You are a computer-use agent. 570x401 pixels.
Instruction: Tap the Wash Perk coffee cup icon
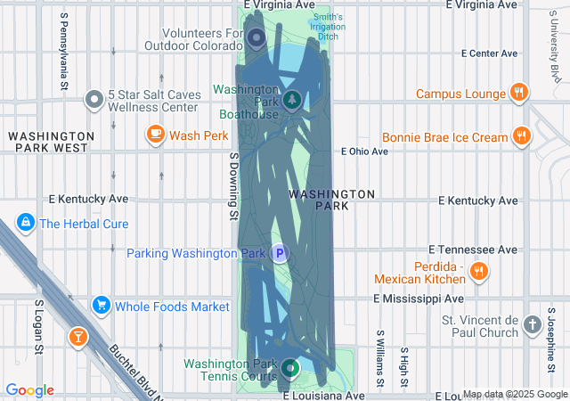pos(156,135)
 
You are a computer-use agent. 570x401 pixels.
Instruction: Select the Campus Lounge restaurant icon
pos(518,92)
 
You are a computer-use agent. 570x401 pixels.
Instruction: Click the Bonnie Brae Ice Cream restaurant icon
pos(522,137)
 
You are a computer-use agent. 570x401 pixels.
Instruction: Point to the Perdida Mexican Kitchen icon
pos(479,271)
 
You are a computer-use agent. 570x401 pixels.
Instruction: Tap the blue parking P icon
pos(280,254)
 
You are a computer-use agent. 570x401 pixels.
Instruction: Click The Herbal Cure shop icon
pos(26,223)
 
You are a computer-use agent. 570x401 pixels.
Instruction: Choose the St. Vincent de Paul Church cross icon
pos(533,324)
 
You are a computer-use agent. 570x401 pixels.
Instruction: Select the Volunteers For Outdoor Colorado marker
pos(256,37)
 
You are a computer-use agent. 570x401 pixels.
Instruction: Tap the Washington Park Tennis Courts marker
pos(289,366)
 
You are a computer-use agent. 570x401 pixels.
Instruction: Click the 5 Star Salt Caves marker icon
pos(94,99)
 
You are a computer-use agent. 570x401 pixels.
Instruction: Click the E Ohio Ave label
pos(365,151)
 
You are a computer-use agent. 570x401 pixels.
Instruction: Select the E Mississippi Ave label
pos(419,299)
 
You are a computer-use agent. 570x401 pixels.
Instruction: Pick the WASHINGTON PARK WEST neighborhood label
pos(48,141)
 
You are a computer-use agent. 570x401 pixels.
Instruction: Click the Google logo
pos(29,390)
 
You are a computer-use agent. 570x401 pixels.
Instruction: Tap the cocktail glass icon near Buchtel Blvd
pos(78,336)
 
